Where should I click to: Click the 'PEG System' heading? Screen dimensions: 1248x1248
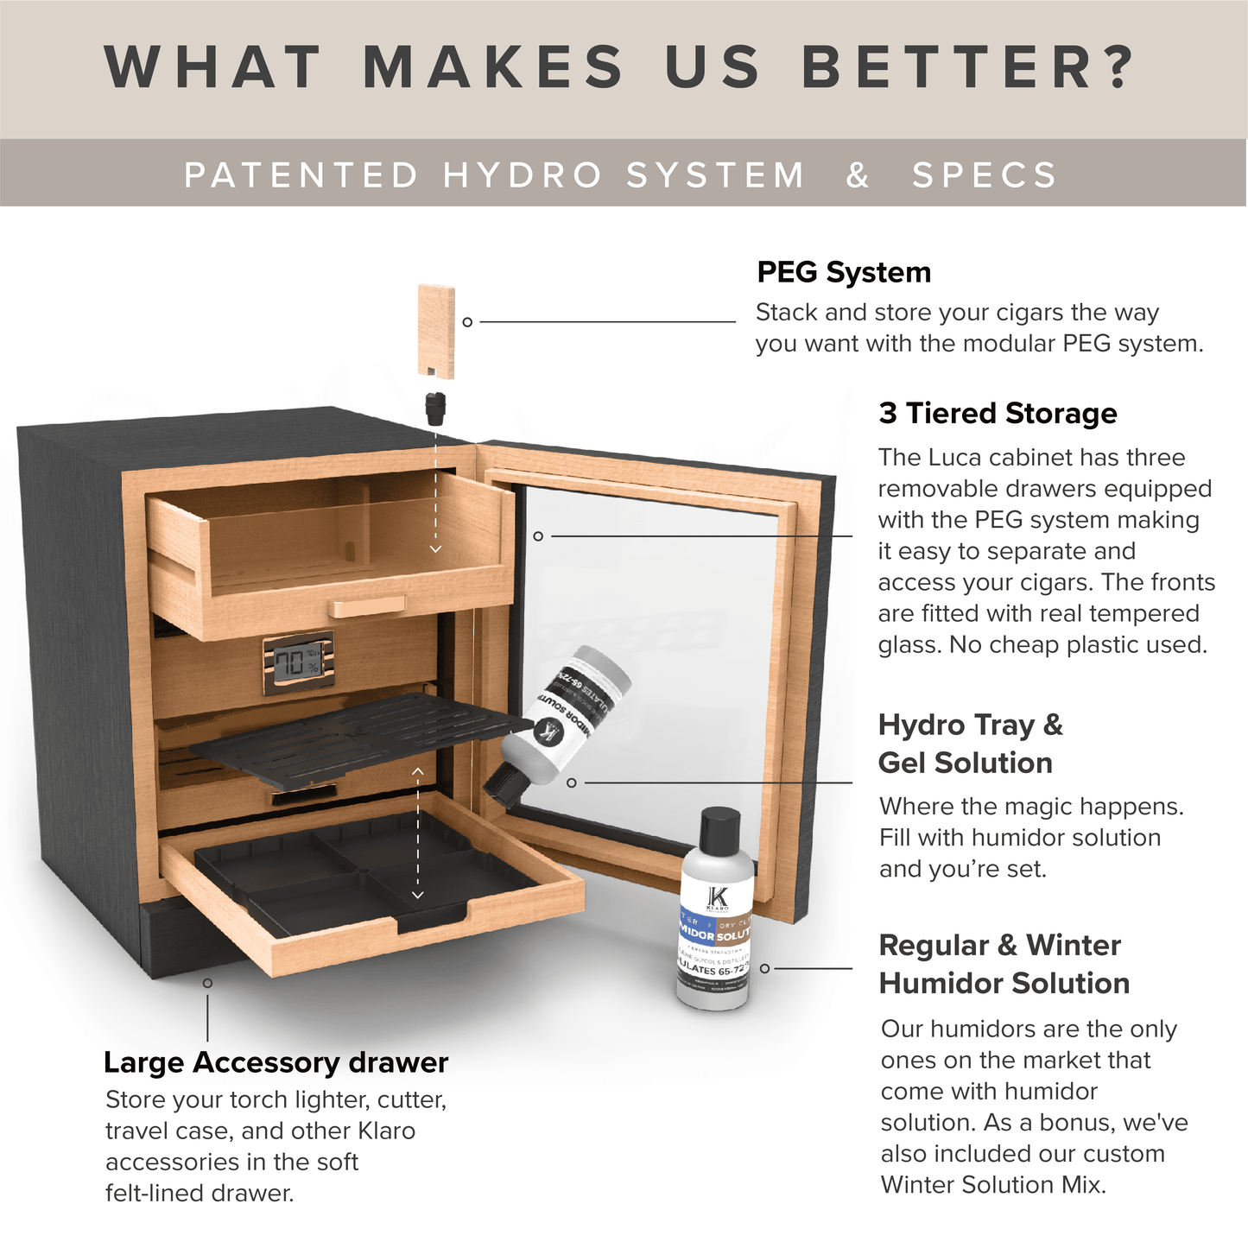(844, 272)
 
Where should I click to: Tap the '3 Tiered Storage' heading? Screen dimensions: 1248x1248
(998, 414)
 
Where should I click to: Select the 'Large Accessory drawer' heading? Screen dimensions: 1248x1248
(276, 1062)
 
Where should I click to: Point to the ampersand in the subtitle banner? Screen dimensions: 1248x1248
(858, 175)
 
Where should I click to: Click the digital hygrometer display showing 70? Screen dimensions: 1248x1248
(298, 663)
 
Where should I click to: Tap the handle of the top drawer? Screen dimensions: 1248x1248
(367, 606)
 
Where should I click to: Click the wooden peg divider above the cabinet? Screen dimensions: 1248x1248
(436, 332)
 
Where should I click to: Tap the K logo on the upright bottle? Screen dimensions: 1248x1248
(718, 898)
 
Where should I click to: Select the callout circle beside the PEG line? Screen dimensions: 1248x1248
(467, 322)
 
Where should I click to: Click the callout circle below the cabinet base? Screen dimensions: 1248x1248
(207, 983)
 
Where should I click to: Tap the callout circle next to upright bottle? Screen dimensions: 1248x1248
(764, 969)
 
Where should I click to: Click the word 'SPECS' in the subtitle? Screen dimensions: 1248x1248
(985, 175)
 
